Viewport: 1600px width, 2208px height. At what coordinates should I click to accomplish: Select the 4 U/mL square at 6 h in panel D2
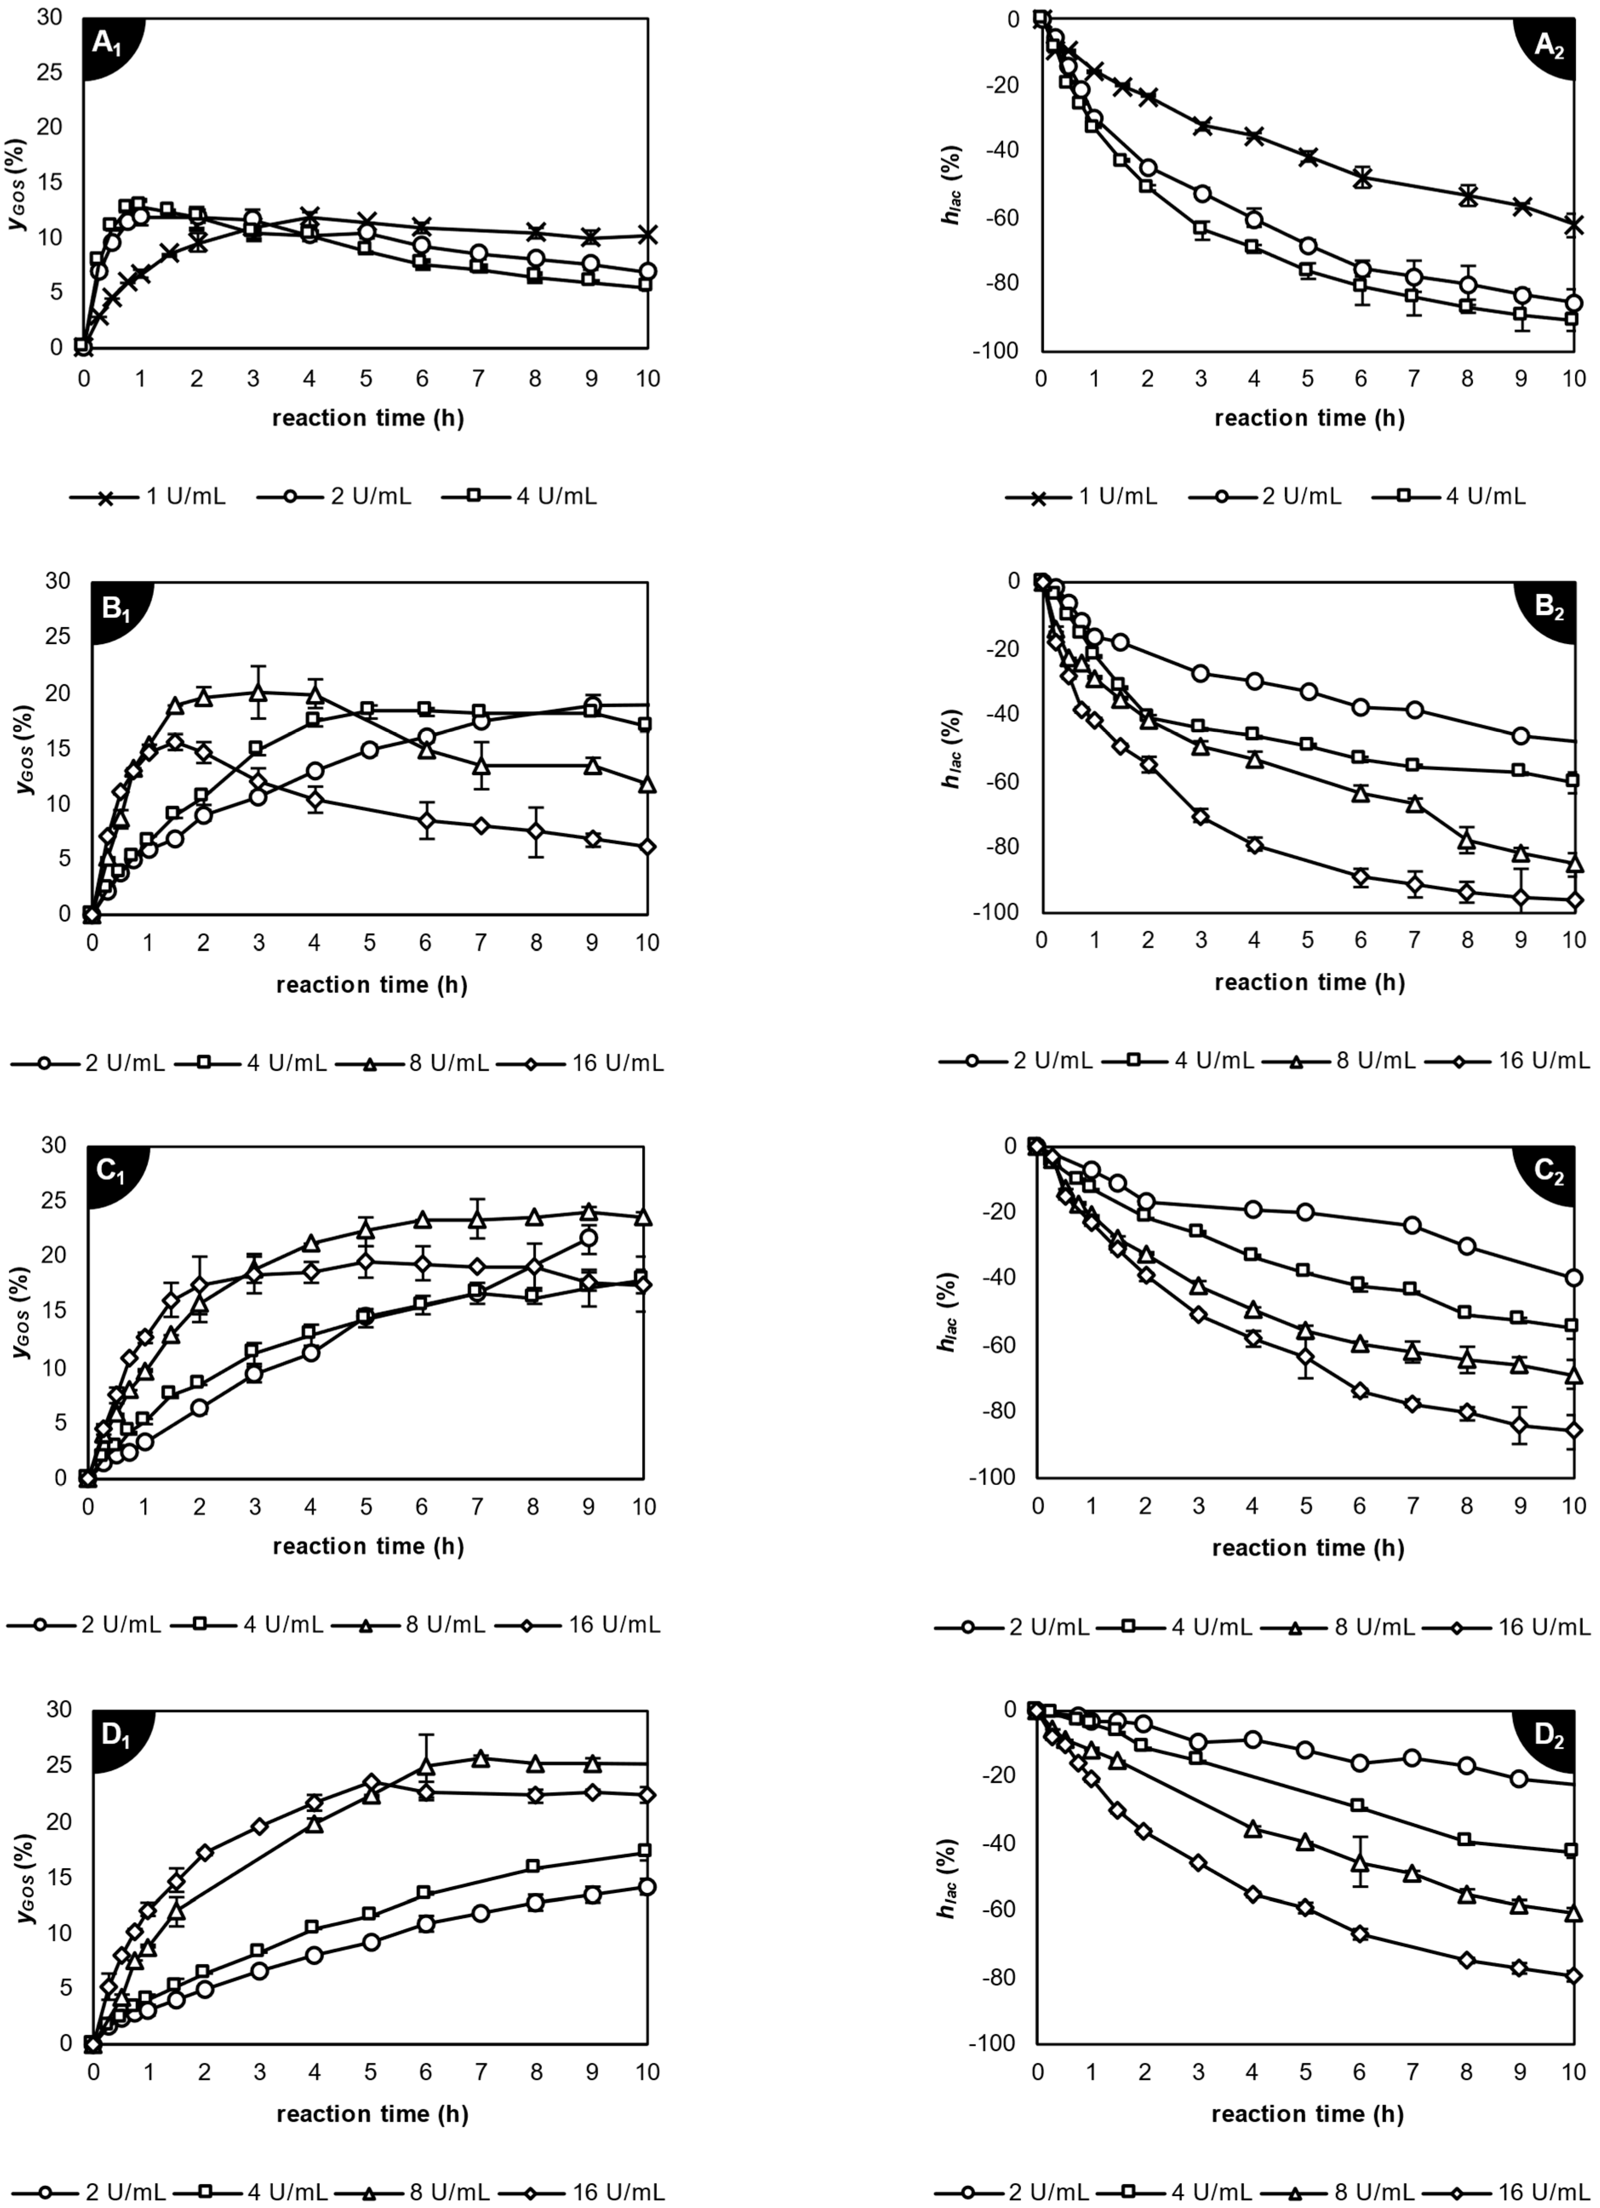click(1359, 1806)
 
